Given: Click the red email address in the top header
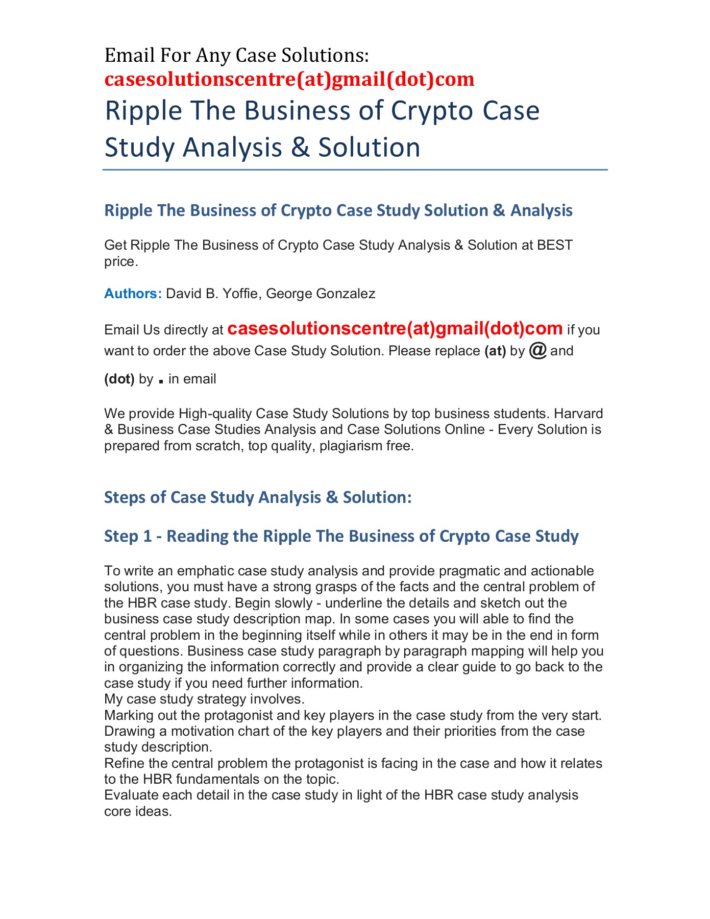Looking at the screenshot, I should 289,79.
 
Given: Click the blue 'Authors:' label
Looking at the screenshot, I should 133,294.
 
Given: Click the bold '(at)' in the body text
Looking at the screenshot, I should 495,351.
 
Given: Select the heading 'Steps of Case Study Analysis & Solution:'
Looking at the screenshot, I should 258,497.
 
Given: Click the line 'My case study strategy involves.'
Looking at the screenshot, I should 204,699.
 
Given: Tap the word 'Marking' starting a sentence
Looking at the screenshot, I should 125,715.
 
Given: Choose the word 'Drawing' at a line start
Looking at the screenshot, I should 125,731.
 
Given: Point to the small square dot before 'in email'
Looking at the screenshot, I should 161,381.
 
